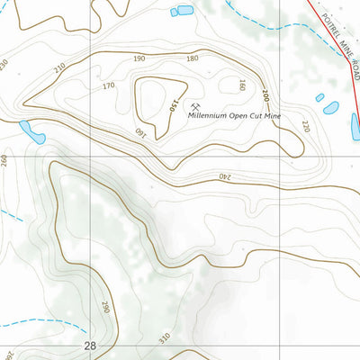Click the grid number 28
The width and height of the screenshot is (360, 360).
click(89, 346)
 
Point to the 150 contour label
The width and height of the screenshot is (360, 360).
click(168, 107)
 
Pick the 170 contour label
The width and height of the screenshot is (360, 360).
click(108, 86)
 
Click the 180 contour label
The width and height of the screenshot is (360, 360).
click(191, 59)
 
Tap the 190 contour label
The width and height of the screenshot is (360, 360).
click(139, 59)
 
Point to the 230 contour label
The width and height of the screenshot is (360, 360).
click(4, 65)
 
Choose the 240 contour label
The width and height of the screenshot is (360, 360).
click(223, 176)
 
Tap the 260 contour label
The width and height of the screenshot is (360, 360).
click(4, 161)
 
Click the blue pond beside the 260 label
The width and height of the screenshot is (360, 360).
click(33, 132)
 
